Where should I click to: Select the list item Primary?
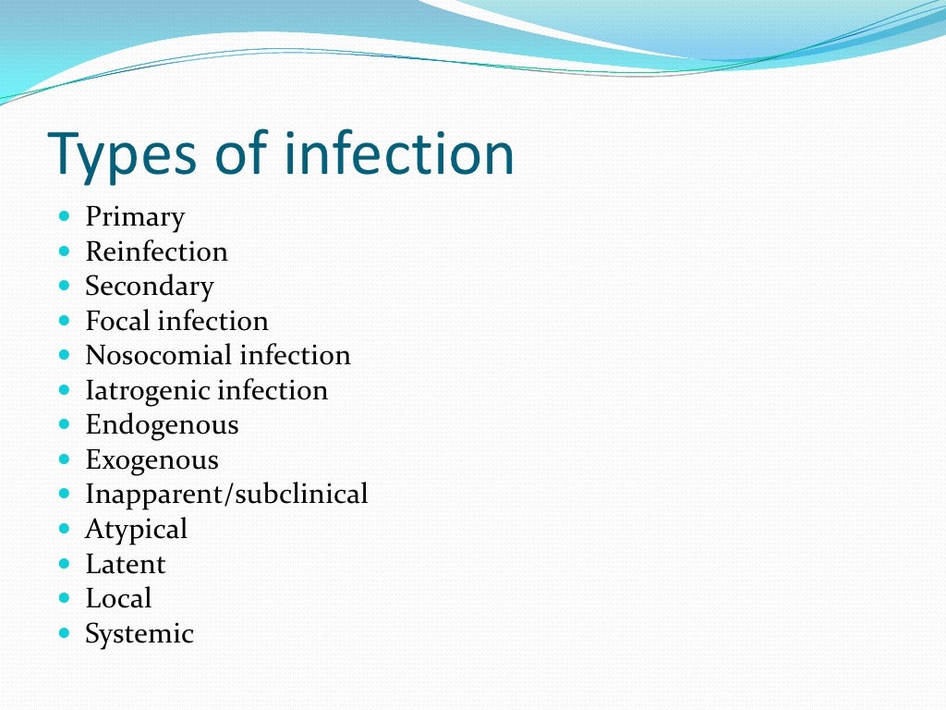pyautogui.click(x=135, y=217)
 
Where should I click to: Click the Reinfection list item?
pyautogui.click(x=156, y=251)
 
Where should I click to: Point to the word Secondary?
pyautogui.click(x=150, y=287)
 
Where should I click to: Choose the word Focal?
pyautogui.click(x=117, y=321)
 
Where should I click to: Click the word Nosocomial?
pyautogui.click(x=158, y=355)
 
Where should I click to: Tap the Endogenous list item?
pyautogui.click(x=162, y=425)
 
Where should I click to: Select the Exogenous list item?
pyautogui.click(x=152, y=459)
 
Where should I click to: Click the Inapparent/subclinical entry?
pyautogui.click(x=226, y=495)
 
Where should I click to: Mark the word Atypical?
pyautogui.click(x=136, y=529)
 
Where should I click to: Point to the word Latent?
pyautogui.click(x=126, y=564)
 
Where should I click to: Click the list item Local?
pyautogui.click(x=118, y=598)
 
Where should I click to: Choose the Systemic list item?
pyautogui.click(x=139, y=633)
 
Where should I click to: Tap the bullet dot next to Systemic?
pyautogui.click(x=64, y=633)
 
